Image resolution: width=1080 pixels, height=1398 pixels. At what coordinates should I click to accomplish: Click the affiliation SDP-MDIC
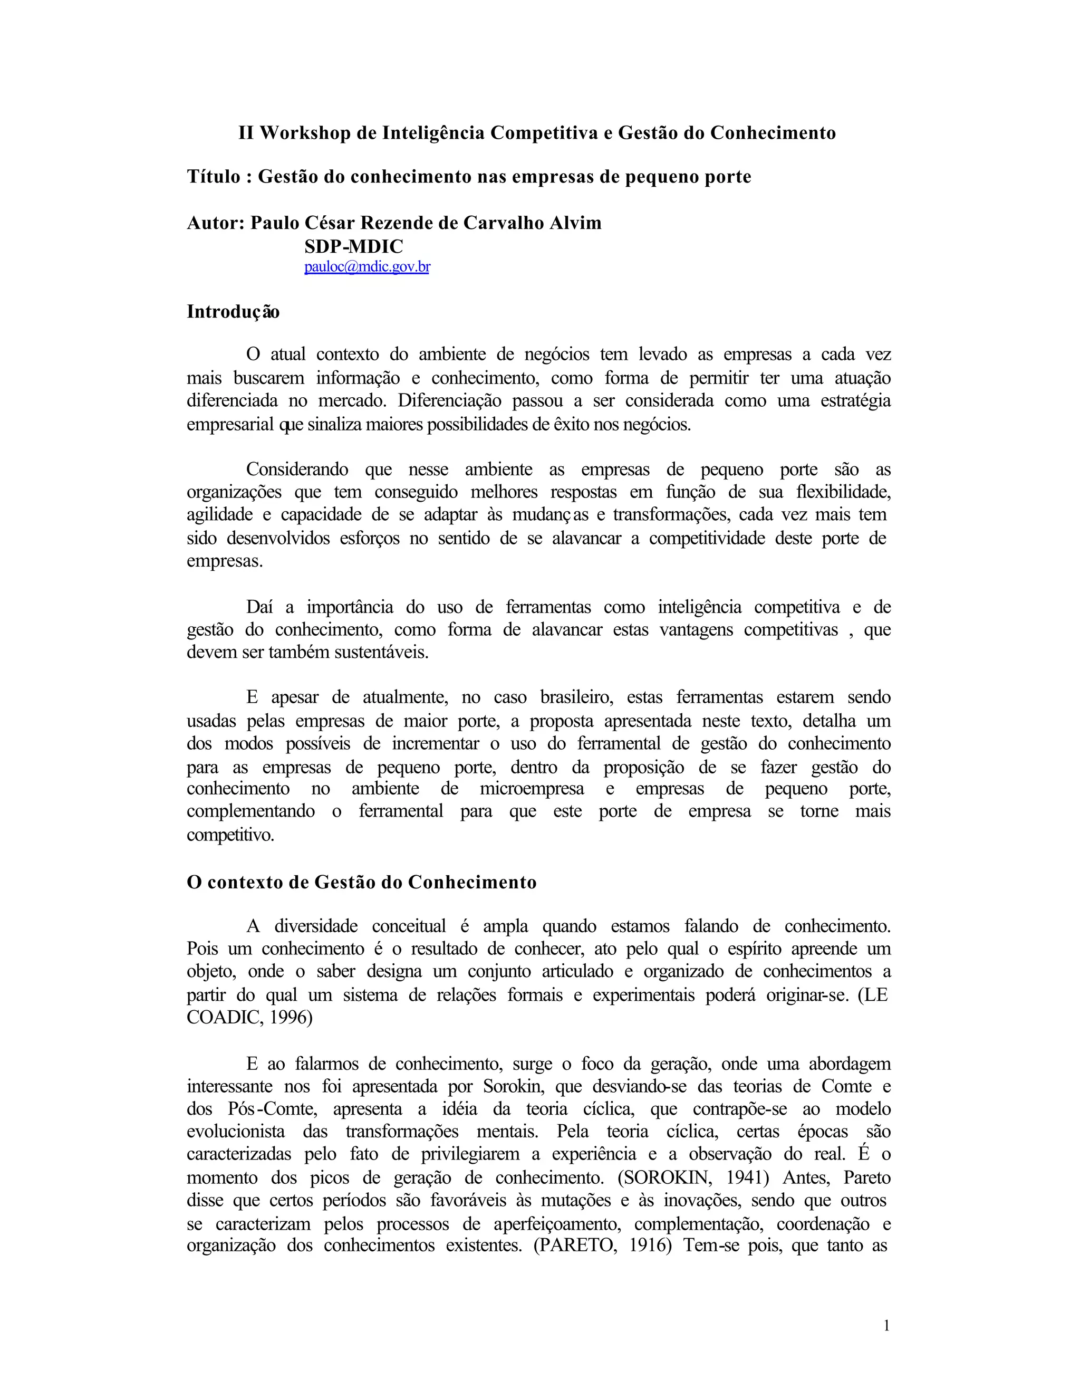point(354,246)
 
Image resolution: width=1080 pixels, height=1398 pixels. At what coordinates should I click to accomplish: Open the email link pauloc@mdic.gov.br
point(367,267)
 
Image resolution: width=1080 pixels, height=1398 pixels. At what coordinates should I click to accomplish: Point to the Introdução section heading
point(233,312)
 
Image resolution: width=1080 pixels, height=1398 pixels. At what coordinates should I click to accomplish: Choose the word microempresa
point(532,789)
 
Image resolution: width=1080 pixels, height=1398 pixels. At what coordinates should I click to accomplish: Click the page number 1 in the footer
point(886,1325)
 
